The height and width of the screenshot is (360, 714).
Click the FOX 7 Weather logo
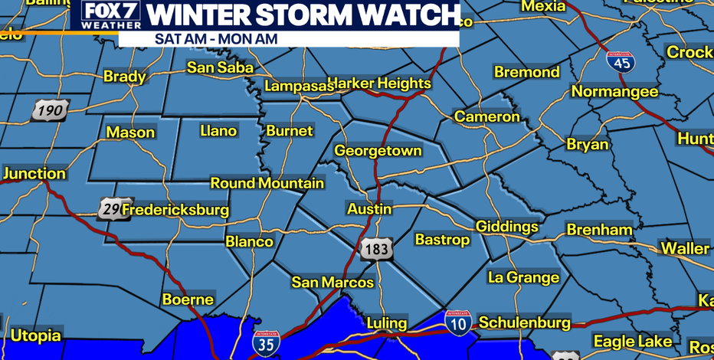106,15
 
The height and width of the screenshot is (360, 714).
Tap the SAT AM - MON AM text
216,38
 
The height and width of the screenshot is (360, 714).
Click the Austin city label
369,209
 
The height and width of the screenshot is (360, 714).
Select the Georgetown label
378,151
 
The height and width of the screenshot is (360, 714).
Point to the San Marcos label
332,283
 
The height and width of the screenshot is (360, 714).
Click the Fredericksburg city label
175,209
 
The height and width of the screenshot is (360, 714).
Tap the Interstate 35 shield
266,342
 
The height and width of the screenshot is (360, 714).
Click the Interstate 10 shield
458,323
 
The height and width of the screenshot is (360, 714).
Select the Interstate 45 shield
621,61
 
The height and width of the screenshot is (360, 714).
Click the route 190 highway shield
51,111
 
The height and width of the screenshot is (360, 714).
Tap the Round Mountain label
267,183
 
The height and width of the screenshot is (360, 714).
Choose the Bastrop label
442,240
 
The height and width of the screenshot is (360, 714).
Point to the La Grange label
523,277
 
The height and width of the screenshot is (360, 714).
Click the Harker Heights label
379,83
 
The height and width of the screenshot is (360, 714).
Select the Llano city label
218,131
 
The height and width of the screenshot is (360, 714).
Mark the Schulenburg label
524,322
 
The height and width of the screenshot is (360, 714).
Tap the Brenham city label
599,230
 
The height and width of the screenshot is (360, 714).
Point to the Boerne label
188,299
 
